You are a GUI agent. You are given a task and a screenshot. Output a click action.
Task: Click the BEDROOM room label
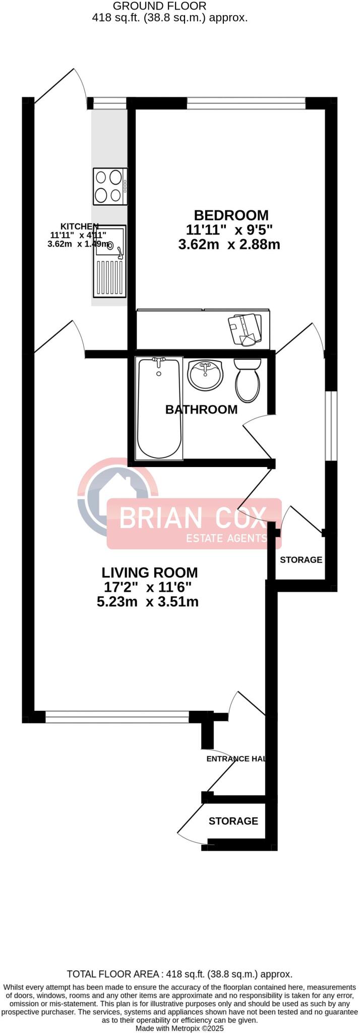click(x=231, y=215)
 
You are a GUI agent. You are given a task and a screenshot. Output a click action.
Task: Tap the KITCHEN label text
click(x=80, y=226)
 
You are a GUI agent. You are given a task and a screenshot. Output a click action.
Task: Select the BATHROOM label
click(x=201, y=409)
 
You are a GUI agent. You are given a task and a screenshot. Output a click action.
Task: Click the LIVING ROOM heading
click(x=149, y=572)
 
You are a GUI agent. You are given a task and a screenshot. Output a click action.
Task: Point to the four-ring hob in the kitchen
click(x=110, y=186)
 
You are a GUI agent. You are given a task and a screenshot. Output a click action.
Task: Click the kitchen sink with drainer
click(x=108, y=261)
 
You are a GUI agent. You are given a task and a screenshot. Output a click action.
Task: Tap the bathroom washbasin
click(x=204, y=375)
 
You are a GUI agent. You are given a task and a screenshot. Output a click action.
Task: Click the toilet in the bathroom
click(x=248, y=379)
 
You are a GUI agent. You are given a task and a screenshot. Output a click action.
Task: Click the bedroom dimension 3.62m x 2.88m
click(x=229, y=245)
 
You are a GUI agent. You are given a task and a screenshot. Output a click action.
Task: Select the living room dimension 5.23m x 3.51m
click(x=147, y=602)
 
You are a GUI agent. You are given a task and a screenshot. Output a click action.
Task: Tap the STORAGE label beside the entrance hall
click(x=233, y=821)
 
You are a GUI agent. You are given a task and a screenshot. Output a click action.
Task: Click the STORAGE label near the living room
click(x=301, y=560)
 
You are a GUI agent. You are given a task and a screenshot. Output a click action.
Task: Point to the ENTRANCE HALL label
click(x=235, y=759)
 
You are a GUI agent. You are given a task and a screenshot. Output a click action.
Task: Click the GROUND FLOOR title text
click(x=159, y=6)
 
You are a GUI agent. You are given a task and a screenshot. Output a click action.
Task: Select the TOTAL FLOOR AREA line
click(x=179, y=974)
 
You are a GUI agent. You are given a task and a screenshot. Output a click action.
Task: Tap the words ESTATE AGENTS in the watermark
click(x=226, y=538)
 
